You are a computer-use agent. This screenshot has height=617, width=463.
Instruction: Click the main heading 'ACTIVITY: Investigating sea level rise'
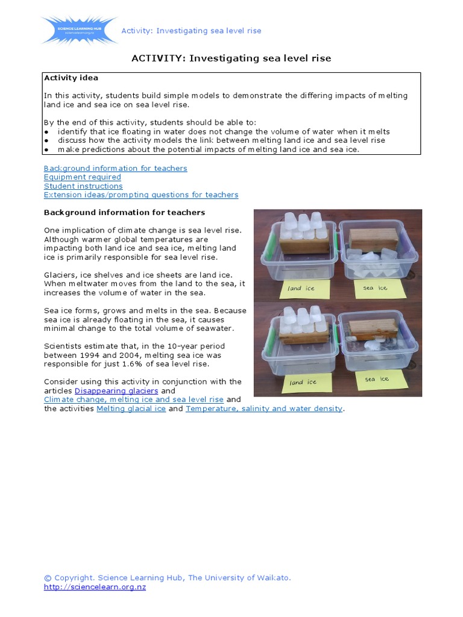pos(231,58)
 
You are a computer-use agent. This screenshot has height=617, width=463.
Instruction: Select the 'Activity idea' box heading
pos(71,78)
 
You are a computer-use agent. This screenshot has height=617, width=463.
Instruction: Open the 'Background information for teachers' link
pos(115,168)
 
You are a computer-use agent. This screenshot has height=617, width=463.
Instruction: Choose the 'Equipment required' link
pos(82,177)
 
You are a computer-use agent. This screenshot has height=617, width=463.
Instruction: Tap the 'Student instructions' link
pos(83,186)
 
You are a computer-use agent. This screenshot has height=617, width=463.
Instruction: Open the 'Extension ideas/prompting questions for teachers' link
pos(141,195)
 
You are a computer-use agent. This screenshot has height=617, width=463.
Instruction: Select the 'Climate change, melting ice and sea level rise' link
pos(133,399)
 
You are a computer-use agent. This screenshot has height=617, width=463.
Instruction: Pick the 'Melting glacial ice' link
pos(131,409)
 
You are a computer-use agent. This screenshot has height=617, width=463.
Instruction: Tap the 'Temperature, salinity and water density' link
pos(264,409)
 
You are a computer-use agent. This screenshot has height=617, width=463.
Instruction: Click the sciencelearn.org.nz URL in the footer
pos(95,587)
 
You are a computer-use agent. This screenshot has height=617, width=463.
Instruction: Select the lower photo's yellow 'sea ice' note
pos(377,379)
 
